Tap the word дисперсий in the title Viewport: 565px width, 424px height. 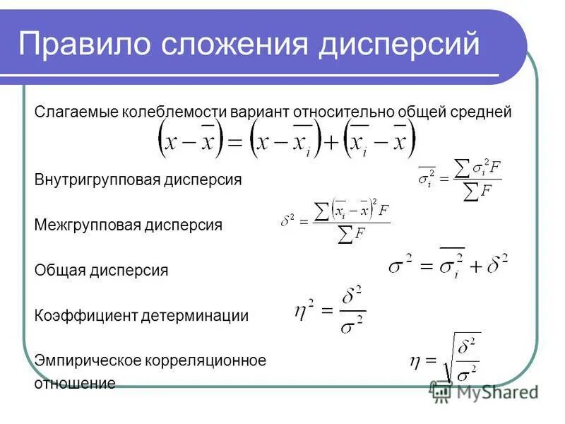(398, 45)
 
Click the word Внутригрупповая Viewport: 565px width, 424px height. (96, 180)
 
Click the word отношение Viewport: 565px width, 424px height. (75, 384)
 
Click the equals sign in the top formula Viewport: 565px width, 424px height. (234, 142)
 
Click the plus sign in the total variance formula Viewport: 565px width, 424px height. (475, 266)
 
